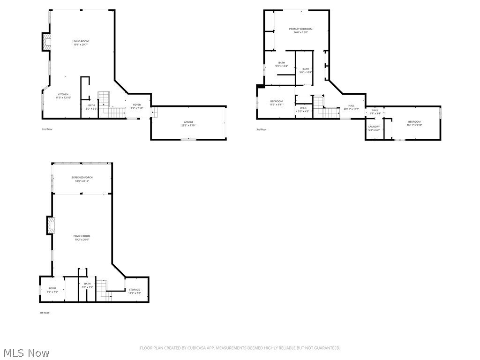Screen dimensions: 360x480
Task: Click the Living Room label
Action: [x=80, y=41]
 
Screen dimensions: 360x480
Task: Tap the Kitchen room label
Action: [x=63, y=94]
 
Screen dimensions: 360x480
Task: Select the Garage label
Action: [x=188, y=122]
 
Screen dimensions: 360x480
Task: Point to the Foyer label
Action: [x=137, y=105]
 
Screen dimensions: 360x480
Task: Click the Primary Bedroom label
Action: [x=300, y=29]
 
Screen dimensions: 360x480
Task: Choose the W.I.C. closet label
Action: [x=303, y=108]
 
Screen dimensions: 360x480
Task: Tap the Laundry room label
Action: [x=374, y=127]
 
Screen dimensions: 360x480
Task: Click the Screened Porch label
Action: [x=82, y=177]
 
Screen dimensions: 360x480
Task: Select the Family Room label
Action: [x=82, y=236]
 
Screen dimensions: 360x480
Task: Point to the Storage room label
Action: [x=135, y=290]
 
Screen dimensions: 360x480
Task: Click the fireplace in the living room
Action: [x=46, y=42]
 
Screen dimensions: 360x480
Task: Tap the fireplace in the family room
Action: [x=51, y=225]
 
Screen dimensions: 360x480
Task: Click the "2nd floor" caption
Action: [x=47, y=129]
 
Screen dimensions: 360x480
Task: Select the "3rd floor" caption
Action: [x=261, y=129]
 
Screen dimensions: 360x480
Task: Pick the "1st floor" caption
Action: [x=44, y=313]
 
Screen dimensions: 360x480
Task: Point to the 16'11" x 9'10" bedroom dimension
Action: [x=414, y=125]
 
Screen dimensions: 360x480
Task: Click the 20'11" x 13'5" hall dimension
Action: [x=351, y=109]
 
